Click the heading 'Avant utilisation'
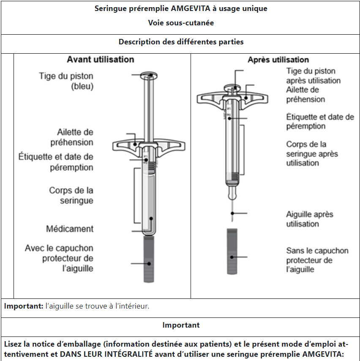pyautogui.click(x=101, y=60)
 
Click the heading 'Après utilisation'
pyautogui.click(x=278, y=60)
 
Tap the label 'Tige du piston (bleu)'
pyautogui.click(x=66, y=81)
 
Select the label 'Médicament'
pyautogui.click(x=70, y=229)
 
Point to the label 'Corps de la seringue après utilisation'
pyautogui.click(x=312, y=153)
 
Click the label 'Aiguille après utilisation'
pyautogui.click(x=310, y=219)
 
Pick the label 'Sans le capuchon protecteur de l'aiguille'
pyautogui.click(x=317, y=260)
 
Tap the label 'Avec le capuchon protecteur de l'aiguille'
pyautogui.click(x=59, y=258)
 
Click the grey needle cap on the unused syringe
pyautogui.click(x=149, y=259)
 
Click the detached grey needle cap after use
pyautogui.click(x=232, y=252)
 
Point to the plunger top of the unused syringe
pyautogui.click(x=149, y=76)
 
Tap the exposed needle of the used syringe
pyautogui.click(x=232, y=211)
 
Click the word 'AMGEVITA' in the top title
pyautogui.click(x=191, y=8)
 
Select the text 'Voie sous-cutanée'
pyautogui.click(x=181, y=23)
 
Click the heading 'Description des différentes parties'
pyautogui.click(x=181, y=42)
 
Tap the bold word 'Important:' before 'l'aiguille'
pyautogui.click(x=24, y=306)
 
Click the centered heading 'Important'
pyautogui.click(x=181, y=325)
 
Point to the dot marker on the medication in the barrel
pyautogui.click(x=151, y=219)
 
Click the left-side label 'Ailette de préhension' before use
pyautogui.click(x=72, y=137)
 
